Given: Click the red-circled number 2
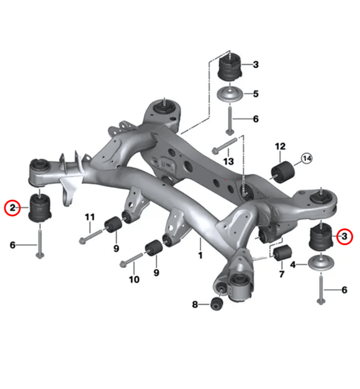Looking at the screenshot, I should (11, 207).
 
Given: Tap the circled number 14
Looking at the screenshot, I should (307, 159).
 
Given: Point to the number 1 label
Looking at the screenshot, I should (200, 255).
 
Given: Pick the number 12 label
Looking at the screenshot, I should (280, 147).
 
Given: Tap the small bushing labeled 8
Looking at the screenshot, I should (216, 305).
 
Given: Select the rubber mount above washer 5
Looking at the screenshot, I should (232, 66).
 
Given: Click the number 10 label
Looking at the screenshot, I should (134, 280).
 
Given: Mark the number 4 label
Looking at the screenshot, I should (293, 265).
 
